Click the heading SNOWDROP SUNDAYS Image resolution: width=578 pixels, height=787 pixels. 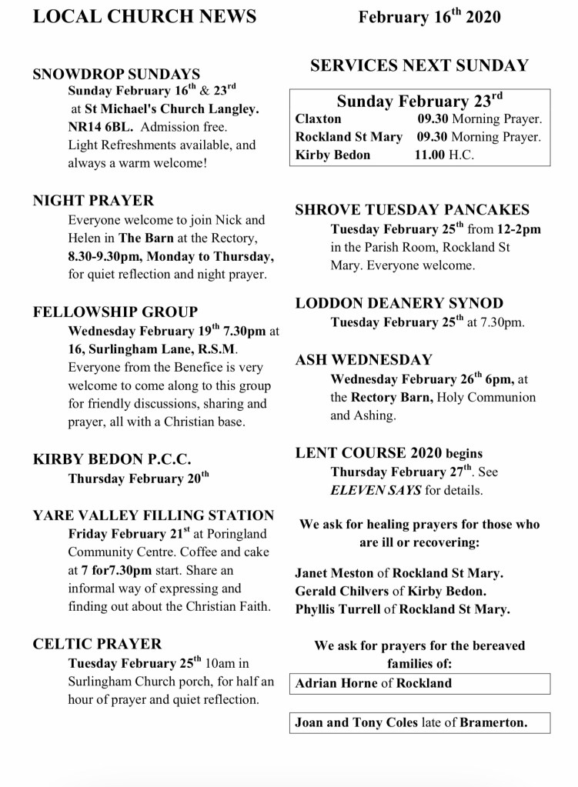[116, 75]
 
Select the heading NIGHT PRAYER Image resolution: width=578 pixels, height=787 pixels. [93, 201]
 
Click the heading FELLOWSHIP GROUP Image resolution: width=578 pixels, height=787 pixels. [115, 312]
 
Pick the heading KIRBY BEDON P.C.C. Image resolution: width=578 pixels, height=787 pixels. [112, 459]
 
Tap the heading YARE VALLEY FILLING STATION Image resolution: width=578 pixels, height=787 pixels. [153, 515]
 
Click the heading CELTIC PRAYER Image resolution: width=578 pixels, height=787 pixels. [98, 644]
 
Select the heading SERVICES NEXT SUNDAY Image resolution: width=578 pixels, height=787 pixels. [419, 65]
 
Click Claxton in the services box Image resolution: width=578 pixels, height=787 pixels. [318, 119]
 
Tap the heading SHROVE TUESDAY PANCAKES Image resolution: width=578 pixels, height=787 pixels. [413, 209]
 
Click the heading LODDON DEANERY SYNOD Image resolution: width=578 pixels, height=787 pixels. [399, 303]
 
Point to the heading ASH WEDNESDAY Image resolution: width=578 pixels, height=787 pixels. [364, 359]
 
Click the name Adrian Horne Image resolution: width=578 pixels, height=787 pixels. [336, 682]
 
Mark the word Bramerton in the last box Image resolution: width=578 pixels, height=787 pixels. [493, 722]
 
